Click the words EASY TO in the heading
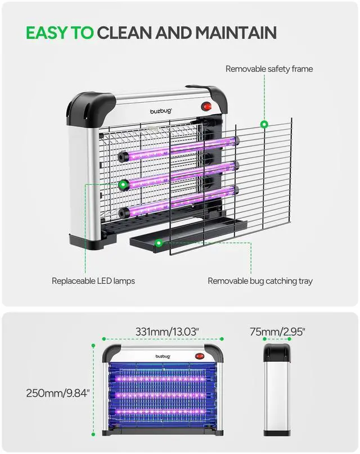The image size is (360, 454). pos(60,33)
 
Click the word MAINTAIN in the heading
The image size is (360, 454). pos(236,33)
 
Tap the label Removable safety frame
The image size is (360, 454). pos(269,69)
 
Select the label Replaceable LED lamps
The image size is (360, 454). pos(93,280)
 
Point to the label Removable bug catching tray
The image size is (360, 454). pos(260,280)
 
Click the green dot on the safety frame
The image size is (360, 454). pos(263,124)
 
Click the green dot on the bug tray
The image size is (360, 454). pos(159,243)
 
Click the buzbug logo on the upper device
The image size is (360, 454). pos(160,111)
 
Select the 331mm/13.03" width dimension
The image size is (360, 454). pos(166,332)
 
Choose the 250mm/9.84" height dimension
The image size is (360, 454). pos(58,393)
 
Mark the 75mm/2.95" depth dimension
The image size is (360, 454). pos(277,332)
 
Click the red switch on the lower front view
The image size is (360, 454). pos(199,356)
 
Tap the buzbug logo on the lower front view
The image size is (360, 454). pos(163,356)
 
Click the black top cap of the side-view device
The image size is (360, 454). pos(277,353)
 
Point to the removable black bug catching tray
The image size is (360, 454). pos(189,231)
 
